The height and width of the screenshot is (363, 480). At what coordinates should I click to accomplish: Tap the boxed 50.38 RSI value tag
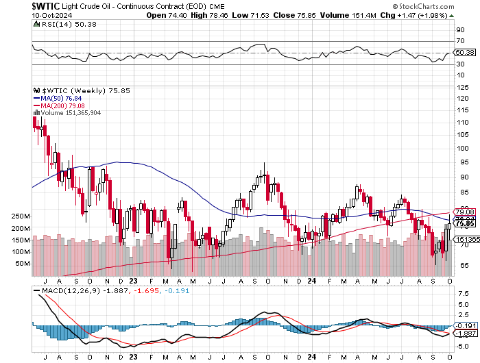pos(464,52)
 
